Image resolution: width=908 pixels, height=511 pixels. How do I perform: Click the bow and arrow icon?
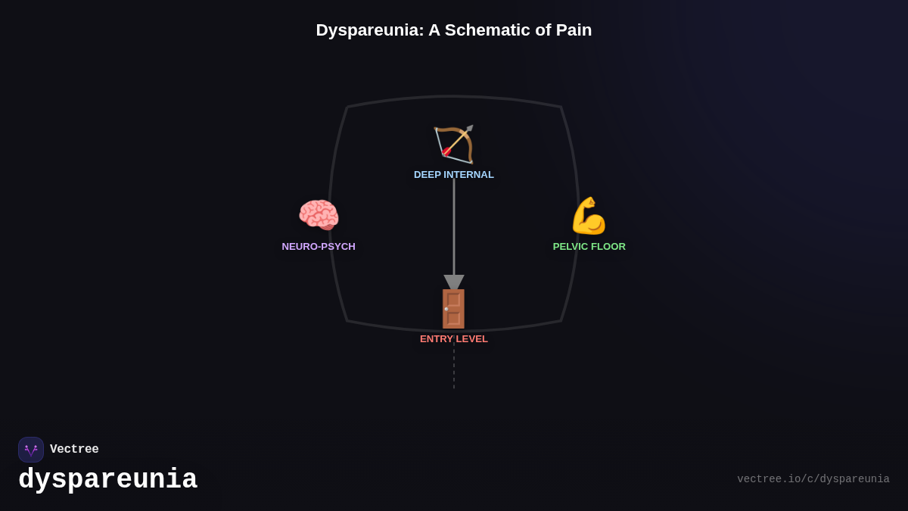click(454, 144)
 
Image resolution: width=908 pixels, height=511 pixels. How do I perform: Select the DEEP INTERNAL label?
click(454, 175)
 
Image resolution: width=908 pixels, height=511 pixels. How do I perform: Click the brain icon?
click(319, 216)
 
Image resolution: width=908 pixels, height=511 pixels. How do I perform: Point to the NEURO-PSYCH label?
click(319, 247)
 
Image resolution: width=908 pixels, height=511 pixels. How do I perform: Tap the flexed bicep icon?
click(589, 216)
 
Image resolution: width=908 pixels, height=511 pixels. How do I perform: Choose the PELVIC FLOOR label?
click(589, 247)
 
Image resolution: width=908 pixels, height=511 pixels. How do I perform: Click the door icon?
click(454, 309)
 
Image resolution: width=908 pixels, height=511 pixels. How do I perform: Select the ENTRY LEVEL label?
click(454, 339)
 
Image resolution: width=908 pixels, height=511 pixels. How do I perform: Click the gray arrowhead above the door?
click(454, 282)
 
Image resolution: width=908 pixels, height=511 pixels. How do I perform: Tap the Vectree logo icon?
click(31, 450)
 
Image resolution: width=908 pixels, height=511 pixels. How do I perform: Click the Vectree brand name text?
click(74, 450)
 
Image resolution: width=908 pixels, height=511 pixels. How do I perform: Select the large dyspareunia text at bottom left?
click(107, 480)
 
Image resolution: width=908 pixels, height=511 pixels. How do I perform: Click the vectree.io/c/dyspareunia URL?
click(813, 479)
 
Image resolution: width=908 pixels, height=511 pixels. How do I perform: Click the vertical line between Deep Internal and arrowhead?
click(454, 227)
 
